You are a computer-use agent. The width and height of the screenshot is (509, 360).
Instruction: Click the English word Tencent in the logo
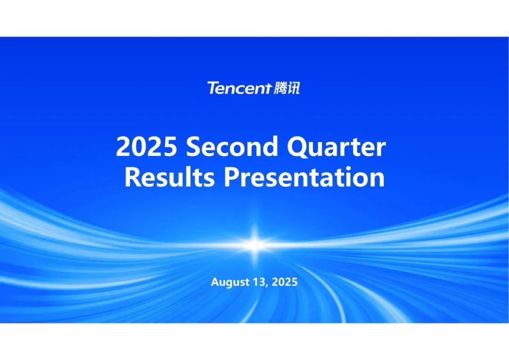(238, 88)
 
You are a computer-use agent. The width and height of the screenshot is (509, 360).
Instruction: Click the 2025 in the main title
(147, 147)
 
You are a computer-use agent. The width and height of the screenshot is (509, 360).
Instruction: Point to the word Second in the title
(232, 147)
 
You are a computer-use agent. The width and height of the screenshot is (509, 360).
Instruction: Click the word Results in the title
(170, 177)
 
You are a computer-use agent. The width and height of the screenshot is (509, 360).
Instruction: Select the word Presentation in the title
(304, 177)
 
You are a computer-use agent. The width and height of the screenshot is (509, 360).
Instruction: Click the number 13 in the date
(260, 282)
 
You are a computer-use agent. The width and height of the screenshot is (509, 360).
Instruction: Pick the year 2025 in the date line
(284, 282)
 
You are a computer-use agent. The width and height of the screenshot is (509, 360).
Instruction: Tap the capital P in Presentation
(232, 177)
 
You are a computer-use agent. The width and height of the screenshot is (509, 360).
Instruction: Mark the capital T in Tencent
(213, 88)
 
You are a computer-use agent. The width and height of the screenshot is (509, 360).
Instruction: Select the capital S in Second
(193, 147)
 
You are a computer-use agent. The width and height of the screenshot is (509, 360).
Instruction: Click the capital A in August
(215, 282)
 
